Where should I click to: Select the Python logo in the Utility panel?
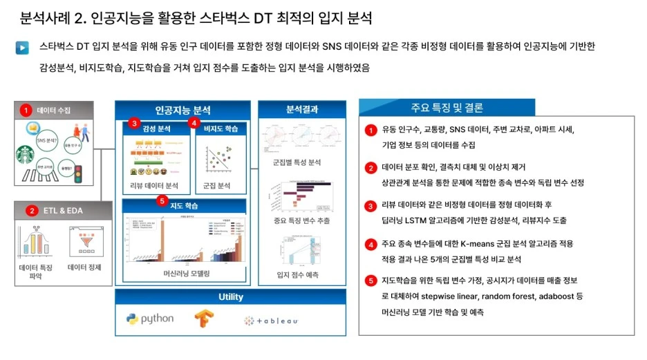pos(150,319)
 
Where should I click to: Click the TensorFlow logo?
pos(202,320)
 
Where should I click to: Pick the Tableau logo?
pos(271,321)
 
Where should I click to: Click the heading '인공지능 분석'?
pos(182,110)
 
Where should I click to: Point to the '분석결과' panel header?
pos(301,109)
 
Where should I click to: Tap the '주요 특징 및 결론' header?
pos(447,108)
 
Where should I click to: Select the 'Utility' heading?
pos(230,297)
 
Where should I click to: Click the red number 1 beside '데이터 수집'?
pos(26,110)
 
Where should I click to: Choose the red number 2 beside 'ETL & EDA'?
pos(32,210)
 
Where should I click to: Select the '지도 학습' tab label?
pos(184,206)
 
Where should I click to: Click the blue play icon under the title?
pos(23,48)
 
